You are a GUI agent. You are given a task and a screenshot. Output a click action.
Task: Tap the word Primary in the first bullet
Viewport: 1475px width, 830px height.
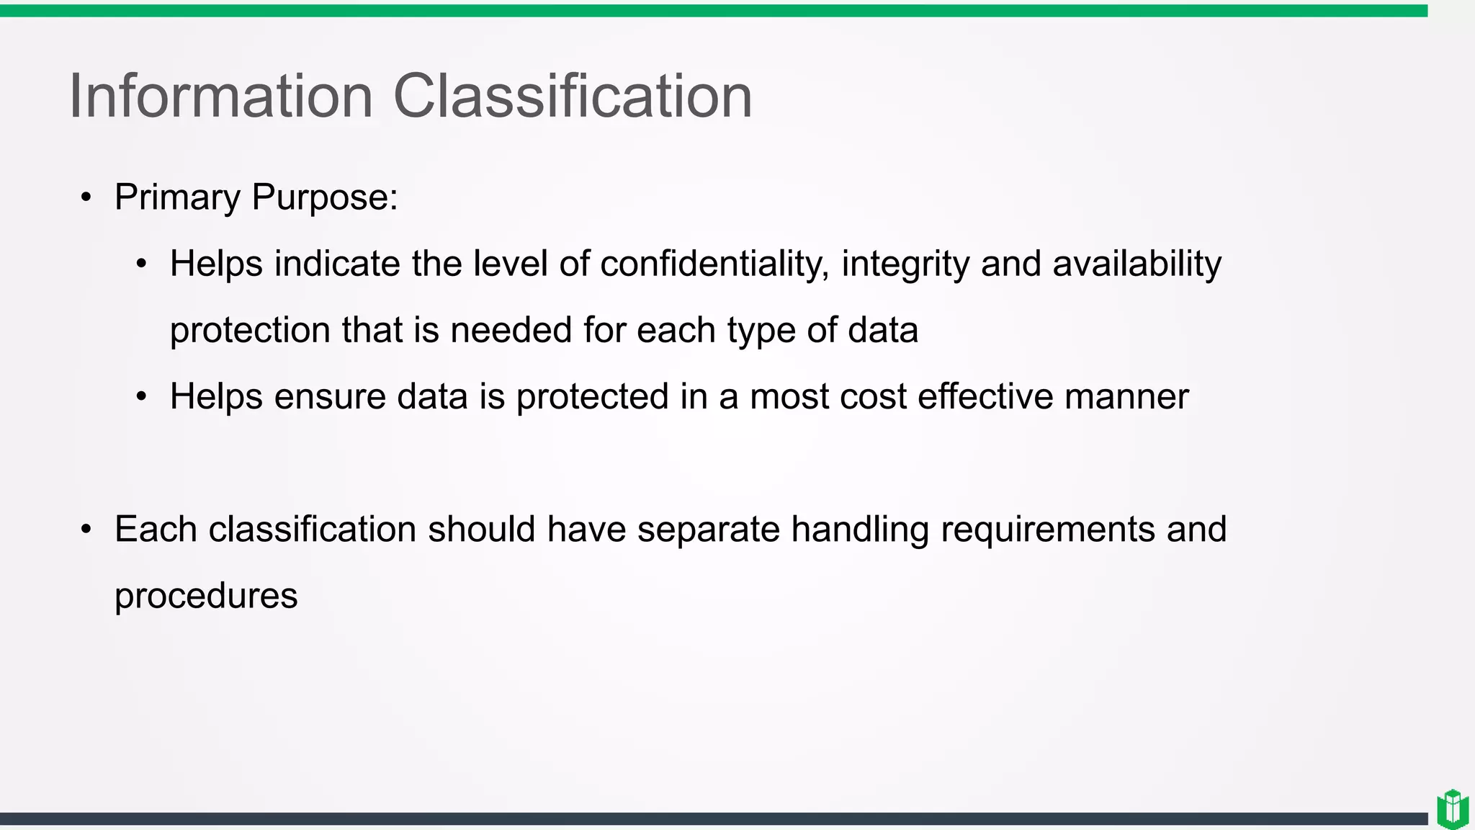(x=177, y=198)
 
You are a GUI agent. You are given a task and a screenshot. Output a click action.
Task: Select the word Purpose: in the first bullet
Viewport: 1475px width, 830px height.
(x=325, y=198)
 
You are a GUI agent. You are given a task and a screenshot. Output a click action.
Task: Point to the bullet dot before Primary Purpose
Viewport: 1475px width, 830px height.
(x=86, y=198)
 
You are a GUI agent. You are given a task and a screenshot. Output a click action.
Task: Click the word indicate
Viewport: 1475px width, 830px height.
(x=337, y=264)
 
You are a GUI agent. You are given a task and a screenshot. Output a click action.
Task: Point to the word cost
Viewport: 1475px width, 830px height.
(x=873, y=397)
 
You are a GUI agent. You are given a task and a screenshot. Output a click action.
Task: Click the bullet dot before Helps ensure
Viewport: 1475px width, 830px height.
(x=142, y=397)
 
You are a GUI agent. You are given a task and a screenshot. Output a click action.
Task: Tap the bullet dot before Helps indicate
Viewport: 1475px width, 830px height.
(x=142, y=264)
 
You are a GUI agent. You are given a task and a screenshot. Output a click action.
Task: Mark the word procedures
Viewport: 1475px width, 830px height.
(x=206, y=597)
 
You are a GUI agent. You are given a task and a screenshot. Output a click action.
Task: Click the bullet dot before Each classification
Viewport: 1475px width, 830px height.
(x=86, y=530)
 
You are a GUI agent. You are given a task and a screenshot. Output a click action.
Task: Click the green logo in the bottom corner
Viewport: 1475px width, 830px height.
(x=1453, y=809)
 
